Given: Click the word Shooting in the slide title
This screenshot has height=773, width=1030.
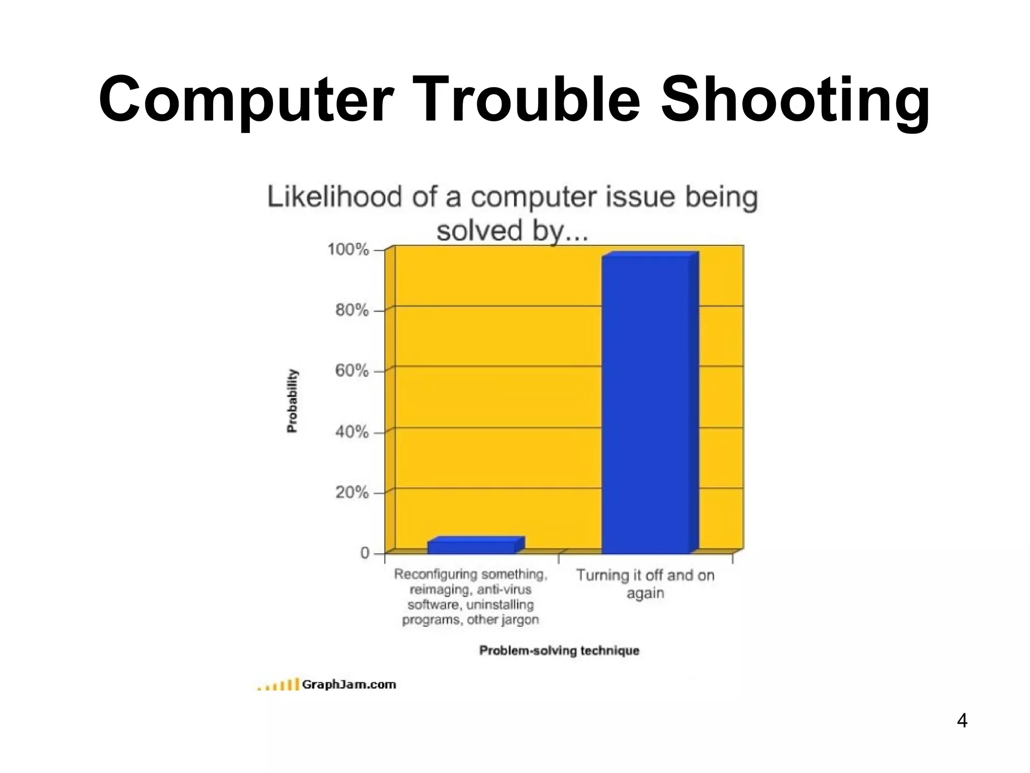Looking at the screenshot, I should click(795, 100).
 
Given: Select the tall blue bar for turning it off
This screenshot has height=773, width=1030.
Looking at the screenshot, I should click(646, 403).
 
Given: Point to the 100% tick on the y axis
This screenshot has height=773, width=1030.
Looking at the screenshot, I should click(348, 249).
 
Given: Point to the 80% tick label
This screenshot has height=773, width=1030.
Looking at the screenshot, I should click(352, 310).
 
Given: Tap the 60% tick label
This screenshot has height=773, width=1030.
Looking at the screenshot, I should click(352, 371).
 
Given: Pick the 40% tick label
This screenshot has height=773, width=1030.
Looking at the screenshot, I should click(352, 432).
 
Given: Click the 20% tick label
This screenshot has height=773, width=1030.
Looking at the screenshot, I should click(352, 492).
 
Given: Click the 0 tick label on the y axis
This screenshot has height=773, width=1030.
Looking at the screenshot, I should click(365, 553).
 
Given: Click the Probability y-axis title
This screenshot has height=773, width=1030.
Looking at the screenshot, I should click(292, 401).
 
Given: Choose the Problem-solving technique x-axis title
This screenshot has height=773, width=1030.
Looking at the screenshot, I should click(559, 651).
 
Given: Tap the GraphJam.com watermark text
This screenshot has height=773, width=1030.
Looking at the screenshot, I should click(349, 684).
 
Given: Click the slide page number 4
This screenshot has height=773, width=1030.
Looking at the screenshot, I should click(962, 721).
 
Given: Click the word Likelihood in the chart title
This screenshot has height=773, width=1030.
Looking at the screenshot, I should click(334, 197).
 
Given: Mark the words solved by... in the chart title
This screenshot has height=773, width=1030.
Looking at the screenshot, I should click(512, 231).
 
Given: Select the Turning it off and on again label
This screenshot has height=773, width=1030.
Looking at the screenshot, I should click(645, 584).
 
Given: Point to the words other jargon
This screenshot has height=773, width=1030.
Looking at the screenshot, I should click(502, 620).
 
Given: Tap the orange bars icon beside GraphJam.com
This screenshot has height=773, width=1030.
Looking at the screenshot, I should click(278, 685).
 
